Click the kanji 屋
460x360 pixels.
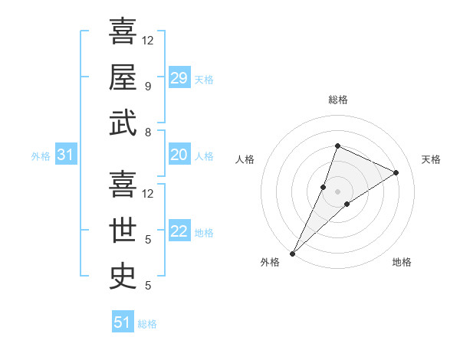[x=123, y=77]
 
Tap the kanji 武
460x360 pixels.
[x=123, y=123]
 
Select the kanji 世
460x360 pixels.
[x=123, y=231]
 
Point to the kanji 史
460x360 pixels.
[x=123, y=277]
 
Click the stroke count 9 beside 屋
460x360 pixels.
[x=147, y=87]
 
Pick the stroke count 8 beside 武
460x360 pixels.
[x=147, y=133]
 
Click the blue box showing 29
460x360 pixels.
[x=179, y=77]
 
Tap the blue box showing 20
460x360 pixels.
[x=179, y=155]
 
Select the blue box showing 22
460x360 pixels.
[x=179, y=232]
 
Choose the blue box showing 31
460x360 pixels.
[x=65, y=155]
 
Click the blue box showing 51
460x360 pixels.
[x=122, y=322]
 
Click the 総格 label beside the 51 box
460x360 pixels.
[x=147, y=324]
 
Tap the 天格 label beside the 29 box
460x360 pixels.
[x=204, y=79]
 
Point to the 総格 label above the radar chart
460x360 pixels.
[x=338, y=100]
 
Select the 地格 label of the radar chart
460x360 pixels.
[x=402, y=262]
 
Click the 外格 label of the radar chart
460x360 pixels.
[x=270, y=262]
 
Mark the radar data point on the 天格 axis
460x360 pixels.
[x=396, y=172]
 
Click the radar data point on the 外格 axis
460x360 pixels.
[x=292, y=253]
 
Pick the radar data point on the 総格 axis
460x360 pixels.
[x=337, y=146]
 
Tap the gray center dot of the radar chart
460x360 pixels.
[x=337, y=191]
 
